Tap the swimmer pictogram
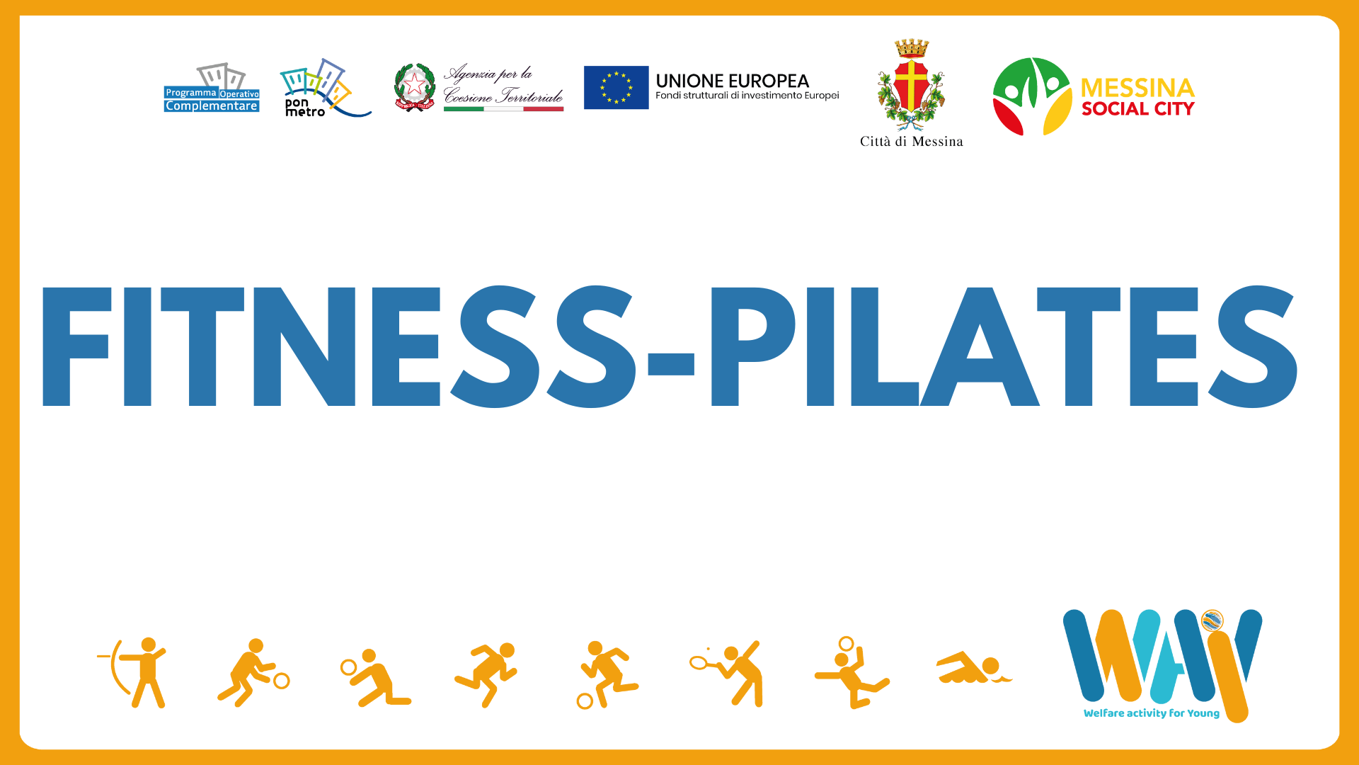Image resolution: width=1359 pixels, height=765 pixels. coord(974,668)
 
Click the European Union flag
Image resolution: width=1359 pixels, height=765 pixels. coord(616,88)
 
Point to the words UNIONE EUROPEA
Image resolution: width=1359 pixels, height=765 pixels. coord(732,81)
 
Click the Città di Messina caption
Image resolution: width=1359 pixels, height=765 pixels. coord(911,142)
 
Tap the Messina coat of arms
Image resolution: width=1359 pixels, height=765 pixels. coord(911,85)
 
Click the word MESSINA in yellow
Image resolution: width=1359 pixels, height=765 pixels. coord(1137,88)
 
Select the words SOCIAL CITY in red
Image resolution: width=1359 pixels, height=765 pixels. coord(1137,109)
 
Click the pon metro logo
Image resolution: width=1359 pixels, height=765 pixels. coord(324,88)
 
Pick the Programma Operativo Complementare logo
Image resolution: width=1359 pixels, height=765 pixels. coord(212,88)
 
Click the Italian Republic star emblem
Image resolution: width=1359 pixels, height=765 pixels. coord(414,87)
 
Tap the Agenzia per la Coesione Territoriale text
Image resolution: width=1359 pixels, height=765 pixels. coord(503,84)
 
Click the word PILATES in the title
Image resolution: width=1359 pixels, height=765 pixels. coord(1004,346)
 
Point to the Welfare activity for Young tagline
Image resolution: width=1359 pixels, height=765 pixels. coord(1151,713)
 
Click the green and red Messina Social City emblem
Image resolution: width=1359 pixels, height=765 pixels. coord(1032,96)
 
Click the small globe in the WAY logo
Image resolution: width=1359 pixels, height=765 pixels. coord(1212,621)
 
